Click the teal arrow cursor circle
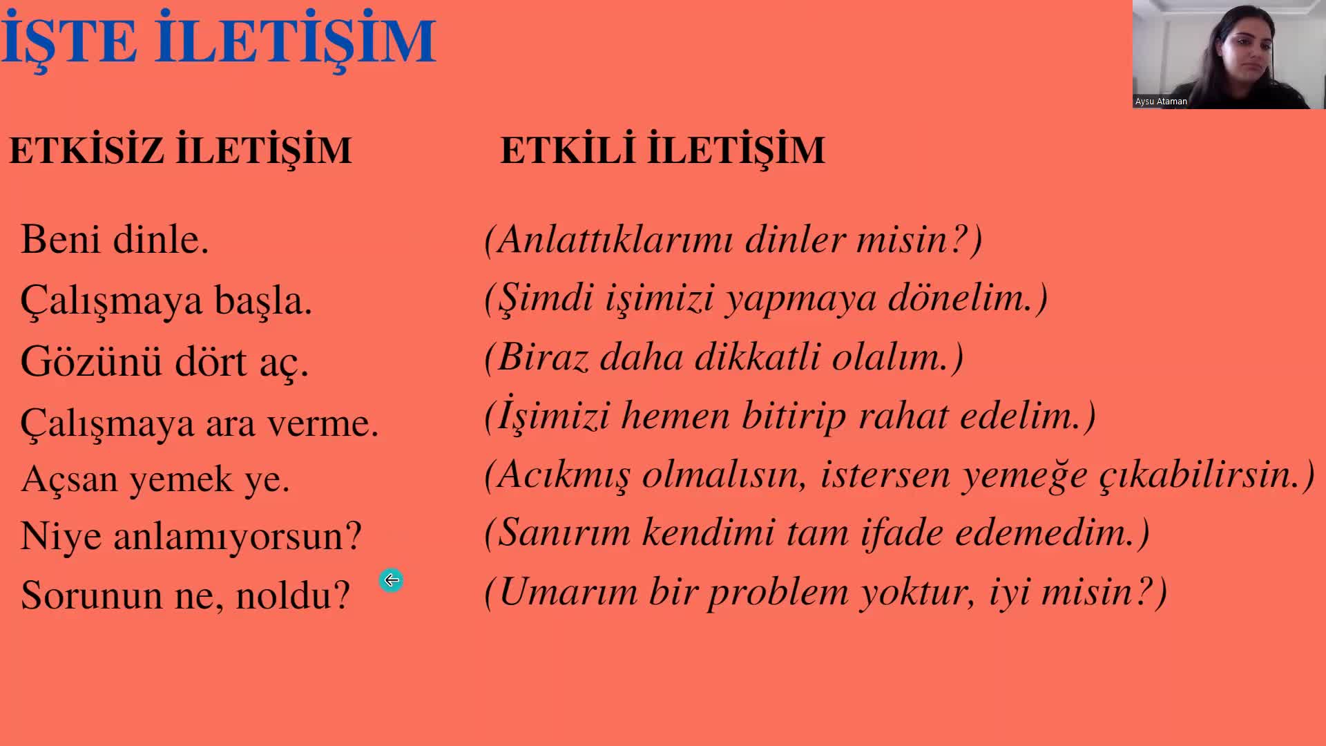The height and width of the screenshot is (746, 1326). [391, 580]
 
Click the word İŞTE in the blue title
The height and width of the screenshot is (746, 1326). [69, 39]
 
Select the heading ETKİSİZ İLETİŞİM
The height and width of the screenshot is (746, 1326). [180, 150]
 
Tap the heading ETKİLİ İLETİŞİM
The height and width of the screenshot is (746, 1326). [662, 150]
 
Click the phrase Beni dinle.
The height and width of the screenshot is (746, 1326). [115, 240]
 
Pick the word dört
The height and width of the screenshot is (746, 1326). [211, 361]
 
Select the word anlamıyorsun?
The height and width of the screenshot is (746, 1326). [238, 536]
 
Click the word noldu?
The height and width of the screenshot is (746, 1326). [293, 595]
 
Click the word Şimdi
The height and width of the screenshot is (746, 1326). [546, 298]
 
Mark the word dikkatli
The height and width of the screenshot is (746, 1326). [758, 357]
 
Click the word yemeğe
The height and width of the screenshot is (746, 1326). [1026, 475]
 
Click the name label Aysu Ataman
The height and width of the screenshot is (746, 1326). [1161, 102]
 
